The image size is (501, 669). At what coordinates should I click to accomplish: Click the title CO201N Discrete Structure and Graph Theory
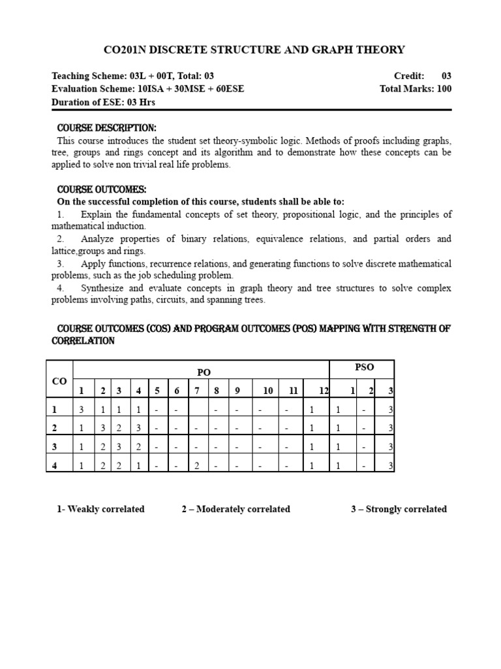(x=254, y=50)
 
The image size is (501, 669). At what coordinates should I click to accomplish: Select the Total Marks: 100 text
(x=415, y=89)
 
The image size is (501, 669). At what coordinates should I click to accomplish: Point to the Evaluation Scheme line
(x=147, y=89)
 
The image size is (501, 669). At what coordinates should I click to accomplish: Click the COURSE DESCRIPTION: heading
(x=107, y=127)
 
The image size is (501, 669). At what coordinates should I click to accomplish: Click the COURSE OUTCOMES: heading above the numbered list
(x=102, y=189)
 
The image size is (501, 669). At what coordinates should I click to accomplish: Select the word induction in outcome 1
(x=127, y=226)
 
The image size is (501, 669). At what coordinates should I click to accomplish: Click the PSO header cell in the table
(x=364, y=367)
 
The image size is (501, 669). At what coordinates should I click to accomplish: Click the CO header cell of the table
(x=59, y=381)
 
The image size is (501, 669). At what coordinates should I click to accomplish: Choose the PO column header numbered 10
(x=267, y=391)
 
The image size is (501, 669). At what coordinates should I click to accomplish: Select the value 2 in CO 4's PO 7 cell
(x=197, y=465)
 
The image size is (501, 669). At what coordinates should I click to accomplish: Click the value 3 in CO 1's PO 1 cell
(x=82, y=410)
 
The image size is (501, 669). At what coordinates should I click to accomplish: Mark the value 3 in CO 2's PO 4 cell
(x=139, y=428)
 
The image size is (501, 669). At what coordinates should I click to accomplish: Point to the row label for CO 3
(x=56, y=447)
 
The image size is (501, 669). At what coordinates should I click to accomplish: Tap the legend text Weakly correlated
(x=106, y=509)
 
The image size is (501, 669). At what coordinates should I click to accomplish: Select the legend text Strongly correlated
(x=406, y=509)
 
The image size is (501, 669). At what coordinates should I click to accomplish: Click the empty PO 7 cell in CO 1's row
(x=197, y=410)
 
